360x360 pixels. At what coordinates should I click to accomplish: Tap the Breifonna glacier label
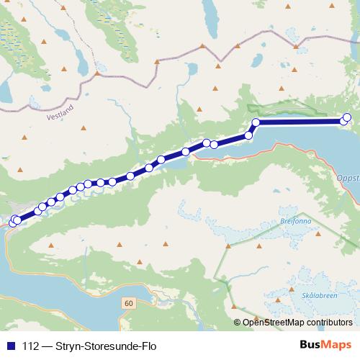(296, 222)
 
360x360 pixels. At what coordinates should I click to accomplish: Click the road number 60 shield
(128, 303)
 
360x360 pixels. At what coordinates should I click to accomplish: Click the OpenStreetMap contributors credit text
(297, 322)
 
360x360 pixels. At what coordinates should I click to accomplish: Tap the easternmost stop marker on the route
(348, 117)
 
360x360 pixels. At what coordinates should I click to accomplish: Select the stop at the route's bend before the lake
(256, 122)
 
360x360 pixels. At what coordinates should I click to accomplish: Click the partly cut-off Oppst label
(348, 176)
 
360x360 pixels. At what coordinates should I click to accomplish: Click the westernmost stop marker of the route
(12, 222)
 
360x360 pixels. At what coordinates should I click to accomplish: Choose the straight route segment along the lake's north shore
(299, 122)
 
